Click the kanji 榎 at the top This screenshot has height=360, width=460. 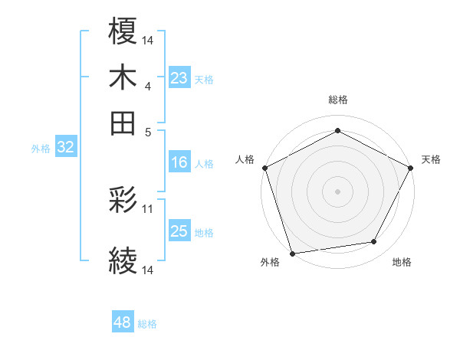(123, 32)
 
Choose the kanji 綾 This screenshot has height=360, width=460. (123, 263)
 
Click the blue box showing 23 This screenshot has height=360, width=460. (179, 78)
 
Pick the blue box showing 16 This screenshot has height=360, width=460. (179, 162)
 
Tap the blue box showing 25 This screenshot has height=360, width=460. (179, 231)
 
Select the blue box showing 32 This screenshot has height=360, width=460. (65, 148)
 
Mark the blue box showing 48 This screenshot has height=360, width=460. (122, 322)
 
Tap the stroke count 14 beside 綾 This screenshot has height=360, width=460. (148, 270)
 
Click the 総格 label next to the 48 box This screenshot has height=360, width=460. (147, 324)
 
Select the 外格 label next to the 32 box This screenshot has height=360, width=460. (41, 149)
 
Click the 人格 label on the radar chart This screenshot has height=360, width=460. (245, 159)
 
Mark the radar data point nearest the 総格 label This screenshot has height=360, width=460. (337, 131)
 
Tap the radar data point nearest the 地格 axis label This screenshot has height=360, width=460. (374, 242)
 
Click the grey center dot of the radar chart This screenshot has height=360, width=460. (337, 191)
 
